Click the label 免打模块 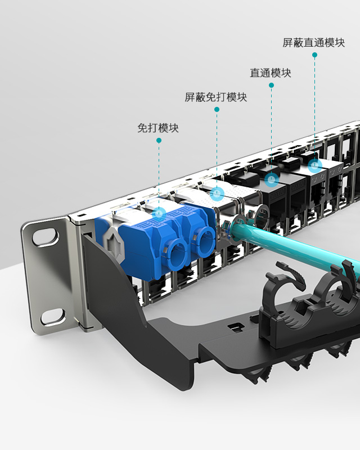tap(158, 128)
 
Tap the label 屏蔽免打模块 tap(215, 97)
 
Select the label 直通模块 tap(271, 73)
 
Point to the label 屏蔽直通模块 tap(313, 43)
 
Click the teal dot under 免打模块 tap(159, 140)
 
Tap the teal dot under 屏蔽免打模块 tap(217, 109)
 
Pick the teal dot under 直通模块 tap(271, 85)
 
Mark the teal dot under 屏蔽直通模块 tap(314, 55)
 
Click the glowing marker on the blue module tap(159, 214)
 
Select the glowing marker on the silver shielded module tap(217, 193)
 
